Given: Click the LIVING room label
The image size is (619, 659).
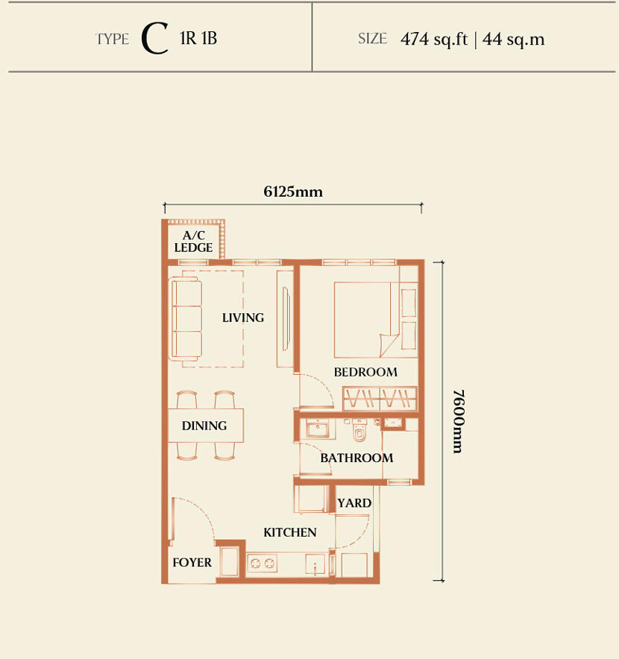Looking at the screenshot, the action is (x=243, y=318).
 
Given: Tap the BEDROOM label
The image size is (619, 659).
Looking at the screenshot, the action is (x=365, y=372).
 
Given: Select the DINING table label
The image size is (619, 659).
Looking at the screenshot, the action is (x=204, y=426).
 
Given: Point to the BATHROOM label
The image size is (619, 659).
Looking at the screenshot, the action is (x=356, y=458).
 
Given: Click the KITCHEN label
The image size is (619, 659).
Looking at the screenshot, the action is (x=289, y=532).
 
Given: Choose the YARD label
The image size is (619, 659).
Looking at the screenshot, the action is (x=354, y=503).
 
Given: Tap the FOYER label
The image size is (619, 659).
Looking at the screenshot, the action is (x=192, y=562).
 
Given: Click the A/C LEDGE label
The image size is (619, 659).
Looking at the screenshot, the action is (x=193, y=242).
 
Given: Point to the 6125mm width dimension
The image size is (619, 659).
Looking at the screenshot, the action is (x=293, y=192).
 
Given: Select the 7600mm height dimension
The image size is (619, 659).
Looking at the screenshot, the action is (x=458, y=421).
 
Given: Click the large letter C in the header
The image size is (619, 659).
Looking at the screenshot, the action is (x=155, y=39).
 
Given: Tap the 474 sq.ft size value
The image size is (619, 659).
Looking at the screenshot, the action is (x=434, y=39).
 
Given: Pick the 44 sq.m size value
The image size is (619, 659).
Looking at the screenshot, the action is (x=513, y=39).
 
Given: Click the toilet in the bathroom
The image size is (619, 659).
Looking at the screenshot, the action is (x=359, y=431).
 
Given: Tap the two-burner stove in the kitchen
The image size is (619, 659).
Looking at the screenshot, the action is (x=262, y=563).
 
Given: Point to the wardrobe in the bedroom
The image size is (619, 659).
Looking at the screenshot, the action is (x=380, y=398).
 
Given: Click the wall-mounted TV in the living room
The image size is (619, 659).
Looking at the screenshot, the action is (x=286, y=318).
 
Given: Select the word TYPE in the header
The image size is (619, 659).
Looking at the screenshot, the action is (x=113, y=39).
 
